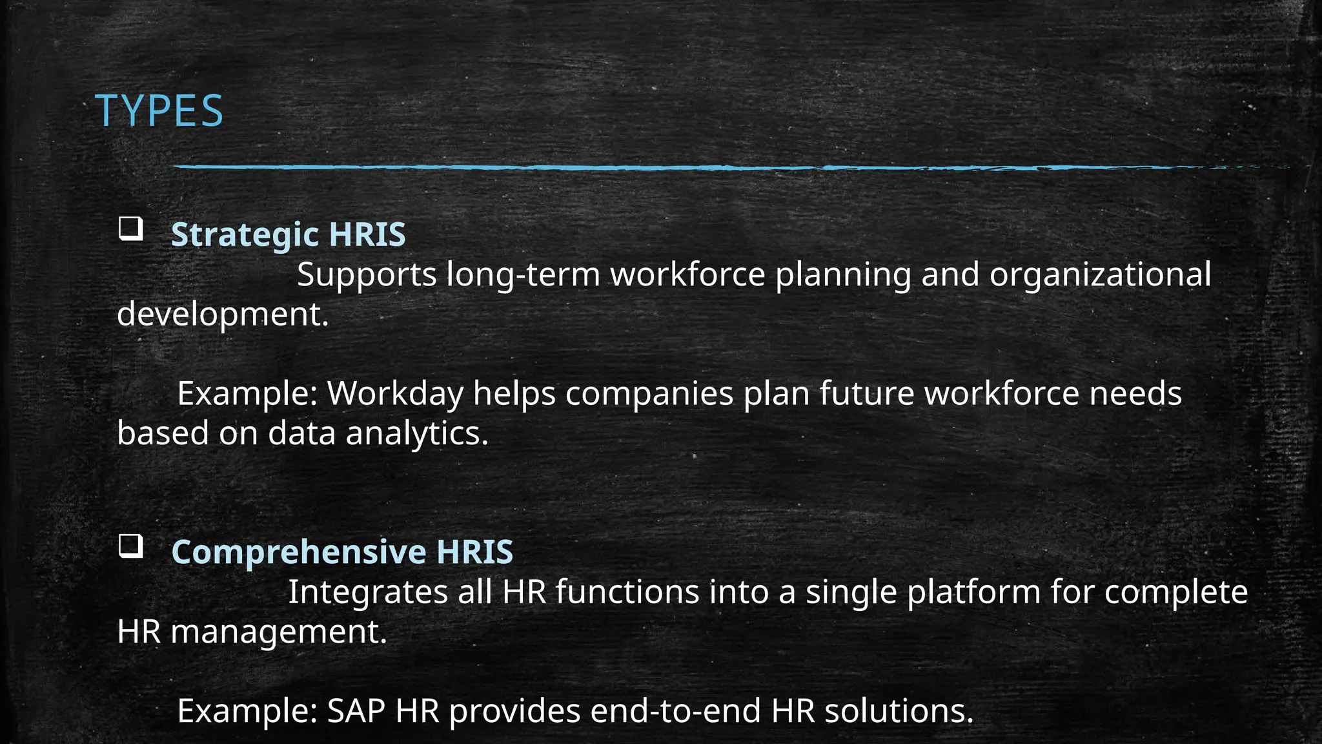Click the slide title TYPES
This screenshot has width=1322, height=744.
[159, 111]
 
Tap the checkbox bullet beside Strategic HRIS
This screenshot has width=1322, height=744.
[130, 229]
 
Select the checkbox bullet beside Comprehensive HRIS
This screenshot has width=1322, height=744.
[130, 547]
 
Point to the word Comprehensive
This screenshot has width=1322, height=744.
[299, 552]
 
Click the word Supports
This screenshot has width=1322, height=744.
[367, 274]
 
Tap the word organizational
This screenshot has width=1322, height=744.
[1100, 274]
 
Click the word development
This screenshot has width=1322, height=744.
[223, 315]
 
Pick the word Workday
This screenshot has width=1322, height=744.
[395, 393]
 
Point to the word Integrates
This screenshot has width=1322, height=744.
[367, 592]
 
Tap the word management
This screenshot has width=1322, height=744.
[278, 632]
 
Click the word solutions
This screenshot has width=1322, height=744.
[899, 711]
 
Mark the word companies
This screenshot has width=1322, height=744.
[649, 393]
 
